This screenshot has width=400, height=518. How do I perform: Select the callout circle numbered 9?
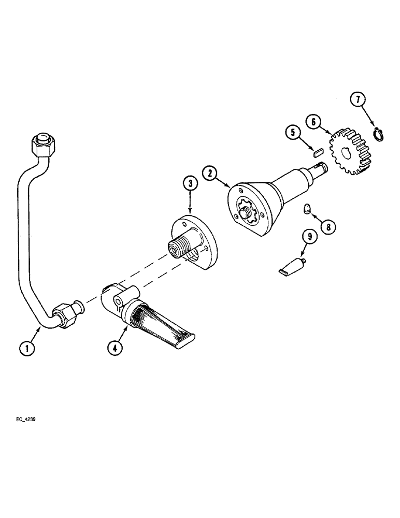pyautogui.click(x=310, y=237)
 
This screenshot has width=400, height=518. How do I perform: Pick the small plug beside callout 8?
pyautogui.click(x=307, y=210)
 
